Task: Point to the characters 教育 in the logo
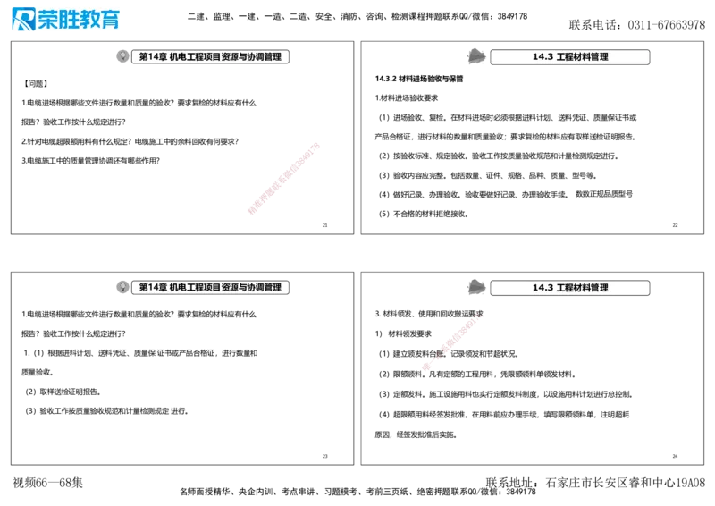99,19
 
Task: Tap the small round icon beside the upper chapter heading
122,56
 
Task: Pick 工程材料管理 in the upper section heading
582,57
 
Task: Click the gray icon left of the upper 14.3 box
475,55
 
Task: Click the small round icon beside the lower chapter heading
122,287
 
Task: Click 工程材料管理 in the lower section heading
582,288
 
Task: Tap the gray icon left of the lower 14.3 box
475,286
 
